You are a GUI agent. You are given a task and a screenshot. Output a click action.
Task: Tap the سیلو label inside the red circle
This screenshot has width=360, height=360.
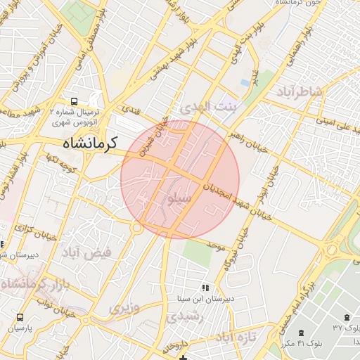coord(175,199)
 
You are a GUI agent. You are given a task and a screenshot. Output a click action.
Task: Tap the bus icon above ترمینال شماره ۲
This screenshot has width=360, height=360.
coord(75,101)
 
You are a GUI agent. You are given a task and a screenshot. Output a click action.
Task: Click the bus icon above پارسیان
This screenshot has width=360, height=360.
coord(20,317)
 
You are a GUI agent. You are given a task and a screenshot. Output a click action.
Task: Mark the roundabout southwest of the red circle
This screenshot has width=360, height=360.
coord(137,227)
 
